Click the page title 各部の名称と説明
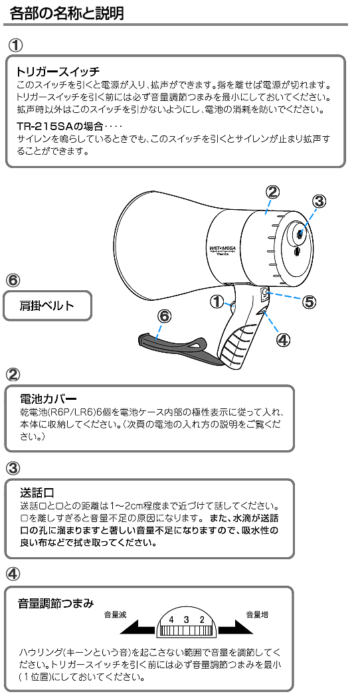[x=66, y=13]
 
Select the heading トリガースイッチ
[x=58, y=71]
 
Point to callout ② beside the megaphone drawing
[x=272, y=192]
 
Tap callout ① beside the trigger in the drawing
[x=217, y=302]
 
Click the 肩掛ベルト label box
[x=47, y=305]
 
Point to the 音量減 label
[x=115, y=615]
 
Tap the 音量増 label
[x=257, y=614]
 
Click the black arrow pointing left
[x=137, y=628]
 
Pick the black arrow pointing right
[x=236, y=628]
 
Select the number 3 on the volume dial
[x=187, y=620]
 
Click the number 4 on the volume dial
[x=171, y=620]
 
